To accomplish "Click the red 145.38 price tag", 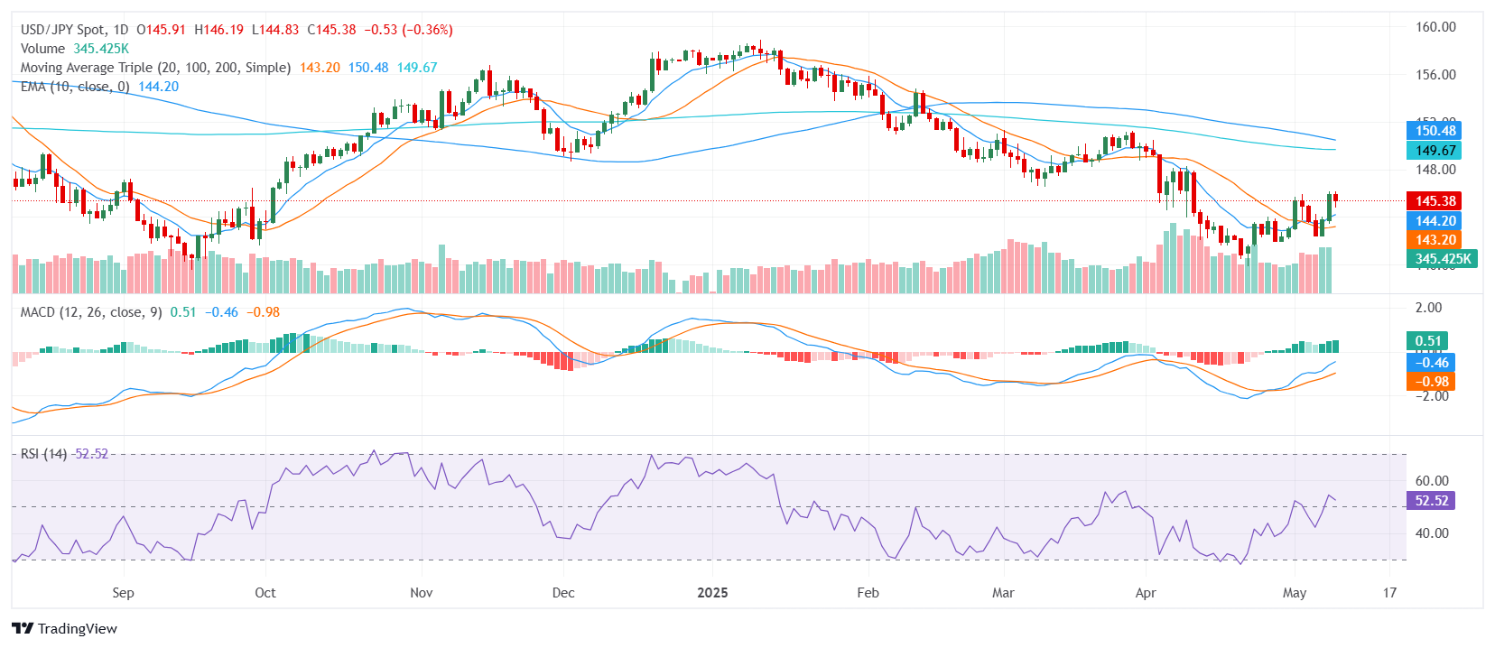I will (1435, 201).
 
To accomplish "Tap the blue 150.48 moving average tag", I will (1435, 131).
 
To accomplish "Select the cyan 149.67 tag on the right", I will (1435, 151).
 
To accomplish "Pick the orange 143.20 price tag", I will (1435, 240).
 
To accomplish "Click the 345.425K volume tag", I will (1442, 259).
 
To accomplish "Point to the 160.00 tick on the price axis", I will (1435, 27).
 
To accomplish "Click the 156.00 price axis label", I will (1435, 75).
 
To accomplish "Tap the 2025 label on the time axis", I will (712, 593).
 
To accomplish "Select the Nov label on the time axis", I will (421, 593).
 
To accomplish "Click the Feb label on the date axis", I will (868, 593).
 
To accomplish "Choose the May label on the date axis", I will (1294, 593).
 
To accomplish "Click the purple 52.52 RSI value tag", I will (1431, 501).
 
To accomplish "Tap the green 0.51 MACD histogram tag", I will (1427, 341).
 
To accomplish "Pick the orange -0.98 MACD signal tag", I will (1431, 382).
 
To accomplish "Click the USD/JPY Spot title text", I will (62, 30).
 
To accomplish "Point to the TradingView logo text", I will (77, 629).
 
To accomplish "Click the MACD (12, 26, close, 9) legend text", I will (91, 312).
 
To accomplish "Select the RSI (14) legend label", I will (43, 454).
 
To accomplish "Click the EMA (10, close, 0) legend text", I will (75, 87).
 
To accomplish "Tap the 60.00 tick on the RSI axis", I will (1431, 481).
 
